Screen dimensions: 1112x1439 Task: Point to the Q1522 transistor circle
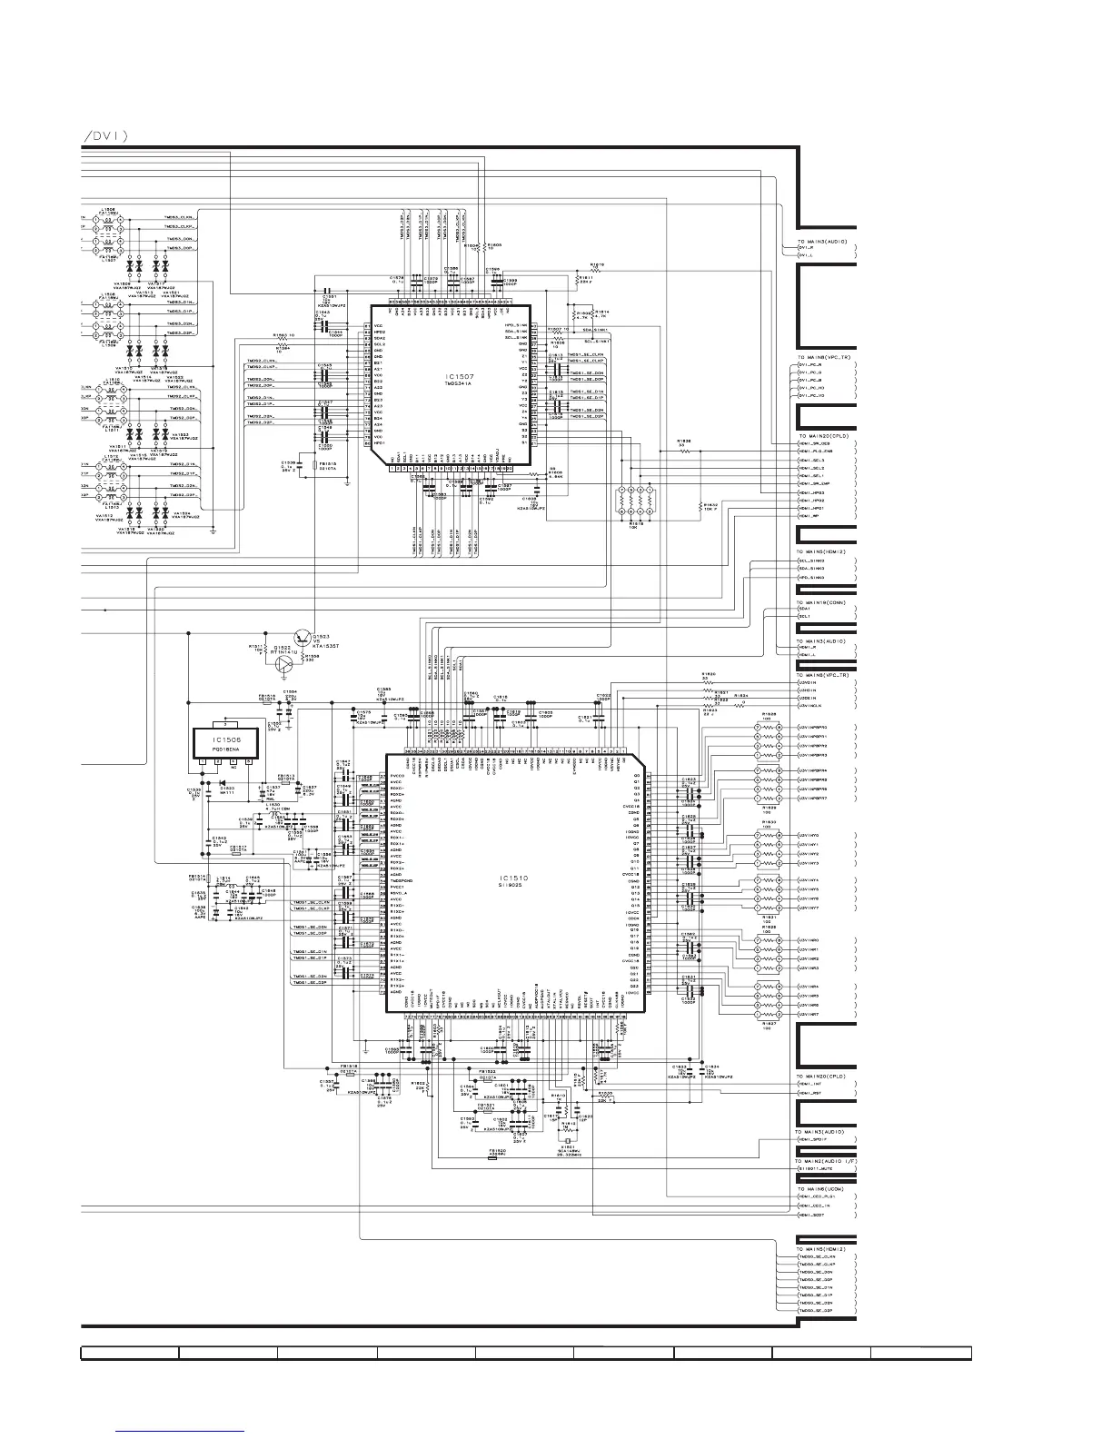pos(285,662)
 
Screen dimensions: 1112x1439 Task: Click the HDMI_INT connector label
pos(811,1084)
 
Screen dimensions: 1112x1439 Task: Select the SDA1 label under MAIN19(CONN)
pos(805,608)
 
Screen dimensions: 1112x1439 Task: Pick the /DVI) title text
pos(104,136)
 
